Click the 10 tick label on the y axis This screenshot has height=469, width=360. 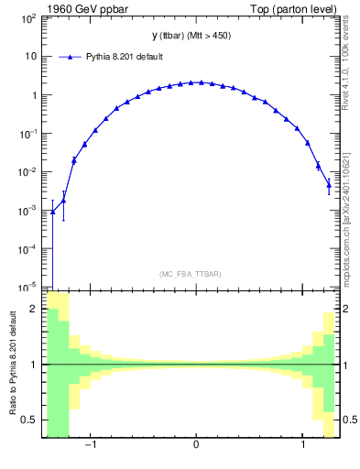click(x=30, y=56)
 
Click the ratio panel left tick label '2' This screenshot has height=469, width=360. click(x=33, y=310)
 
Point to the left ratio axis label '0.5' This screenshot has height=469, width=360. click(x=28, y=420)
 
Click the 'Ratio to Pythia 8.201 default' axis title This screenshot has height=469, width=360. click(x=11, y=365)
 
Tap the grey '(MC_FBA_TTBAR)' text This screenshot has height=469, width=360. click(x=189, y=274)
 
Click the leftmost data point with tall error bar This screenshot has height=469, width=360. click(x=53, y=212)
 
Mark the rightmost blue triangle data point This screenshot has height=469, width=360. click(x=329, y=185)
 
